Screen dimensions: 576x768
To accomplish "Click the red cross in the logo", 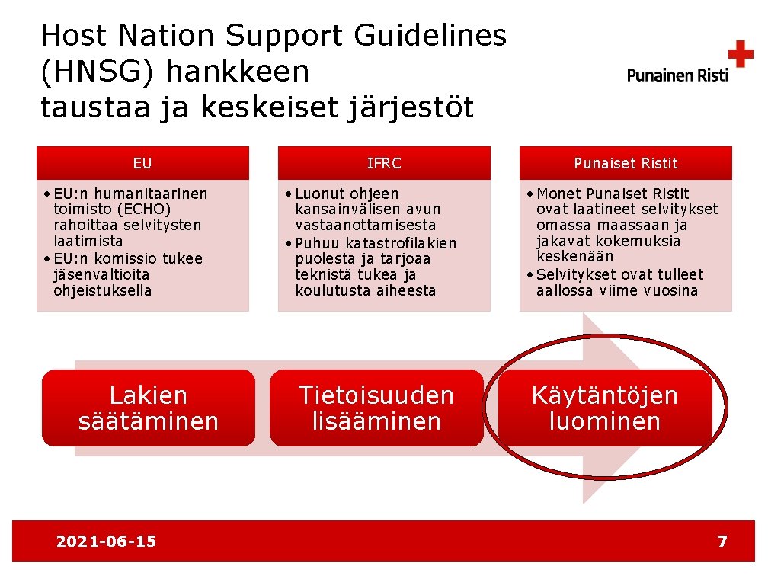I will click(x=740, y=55).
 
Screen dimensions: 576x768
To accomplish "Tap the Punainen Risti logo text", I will click(x=677, y=75).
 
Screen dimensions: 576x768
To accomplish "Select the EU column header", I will click(x=142, y=163).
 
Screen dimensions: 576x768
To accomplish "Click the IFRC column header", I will click(x=384, y=163).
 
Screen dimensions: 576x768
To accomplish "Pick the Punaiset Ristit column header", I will click(x=626, y=163).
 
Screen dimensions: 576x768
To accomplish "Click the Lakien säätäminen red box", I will click(x=149, y=408).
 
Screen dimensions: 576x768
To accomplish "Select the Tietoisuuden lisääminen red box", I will click(x=376, y=408).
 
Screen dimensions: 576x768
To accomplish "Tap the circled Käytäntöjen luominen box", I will click(x=605, y=408).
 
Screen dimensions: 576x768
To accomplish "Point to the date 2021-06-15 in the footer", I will click(x=106, y=542).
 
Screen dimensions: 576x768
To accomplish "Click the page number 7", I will click(x=722, y=542).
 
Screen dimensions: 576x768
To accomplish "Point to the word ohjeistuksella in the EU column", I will click(x=103, y=290).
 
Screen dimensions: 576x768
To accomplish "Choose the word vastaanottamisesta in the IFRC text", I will click(x=366, y=225).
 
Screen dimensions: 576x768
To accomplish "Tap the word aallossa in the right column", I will click(x=565, y=290).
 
